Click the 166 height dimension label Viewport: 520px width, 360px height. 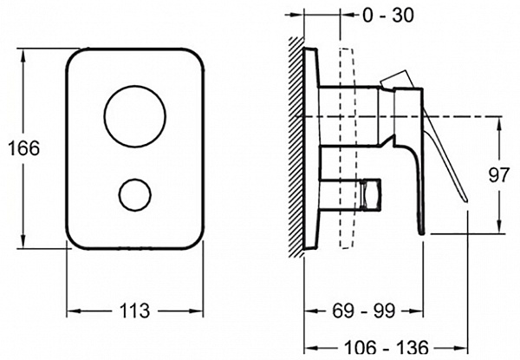tap(24, 148)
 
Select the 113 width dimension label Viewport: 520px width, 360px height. tap(134, 311)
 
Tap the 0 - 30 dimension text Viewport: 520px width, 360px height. tap(388, 16)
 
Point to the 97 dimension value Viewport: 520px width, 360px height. tap(499, 175)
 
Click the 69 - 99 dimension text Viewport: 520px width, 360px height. tap(363, 311)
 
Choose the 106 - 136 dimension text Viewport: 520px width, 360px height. tap(387, 348)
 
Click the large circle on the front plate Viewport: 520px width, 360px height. tap(135, 116)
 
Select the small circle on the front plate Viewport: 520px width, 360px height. tap(135, 195)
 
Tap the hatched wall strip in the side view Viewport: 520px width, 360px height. tap(296, 147)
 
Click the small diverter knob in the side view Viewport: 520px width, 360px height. tap(371, 193)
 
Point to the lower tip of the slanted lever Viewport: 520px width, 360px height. tap(466, 200)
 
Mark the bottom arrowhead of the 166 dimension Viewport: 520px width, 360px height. tap(23, 241)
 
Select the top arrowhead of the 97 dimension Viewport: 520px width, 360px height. tap(499, 124)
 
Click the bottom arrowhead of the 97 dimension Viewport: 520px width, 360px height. tap(499, 226)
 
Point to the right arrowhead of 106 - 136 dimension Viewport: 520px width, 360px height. tap(460, 348)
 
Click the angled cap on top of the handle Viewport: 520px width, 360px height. tap(398, 80)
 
